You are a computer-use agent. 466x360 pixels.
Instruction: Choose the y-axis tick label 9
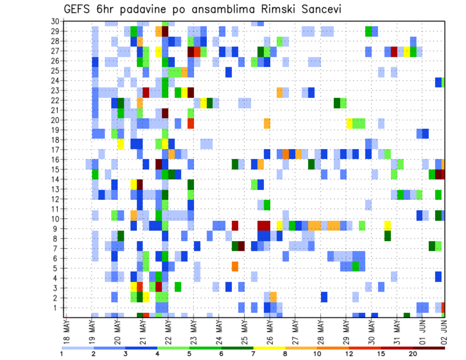point(57,229)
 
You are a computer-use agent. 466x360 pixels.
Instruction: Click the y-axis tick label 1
point(57,308)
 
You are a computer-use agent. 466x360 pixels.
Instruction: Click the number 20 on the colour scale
point(413,354)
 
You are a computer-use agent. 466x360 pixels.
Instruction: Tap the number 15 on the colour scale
point(381,354)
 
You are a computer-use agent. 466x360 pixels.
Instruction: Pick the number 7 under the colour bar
point(253,354)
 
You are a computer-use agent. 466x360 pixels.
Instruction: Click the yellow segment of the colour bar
point(269,347)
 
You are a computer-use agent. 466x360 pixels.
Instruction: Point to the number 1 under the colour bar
point(62,354)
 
